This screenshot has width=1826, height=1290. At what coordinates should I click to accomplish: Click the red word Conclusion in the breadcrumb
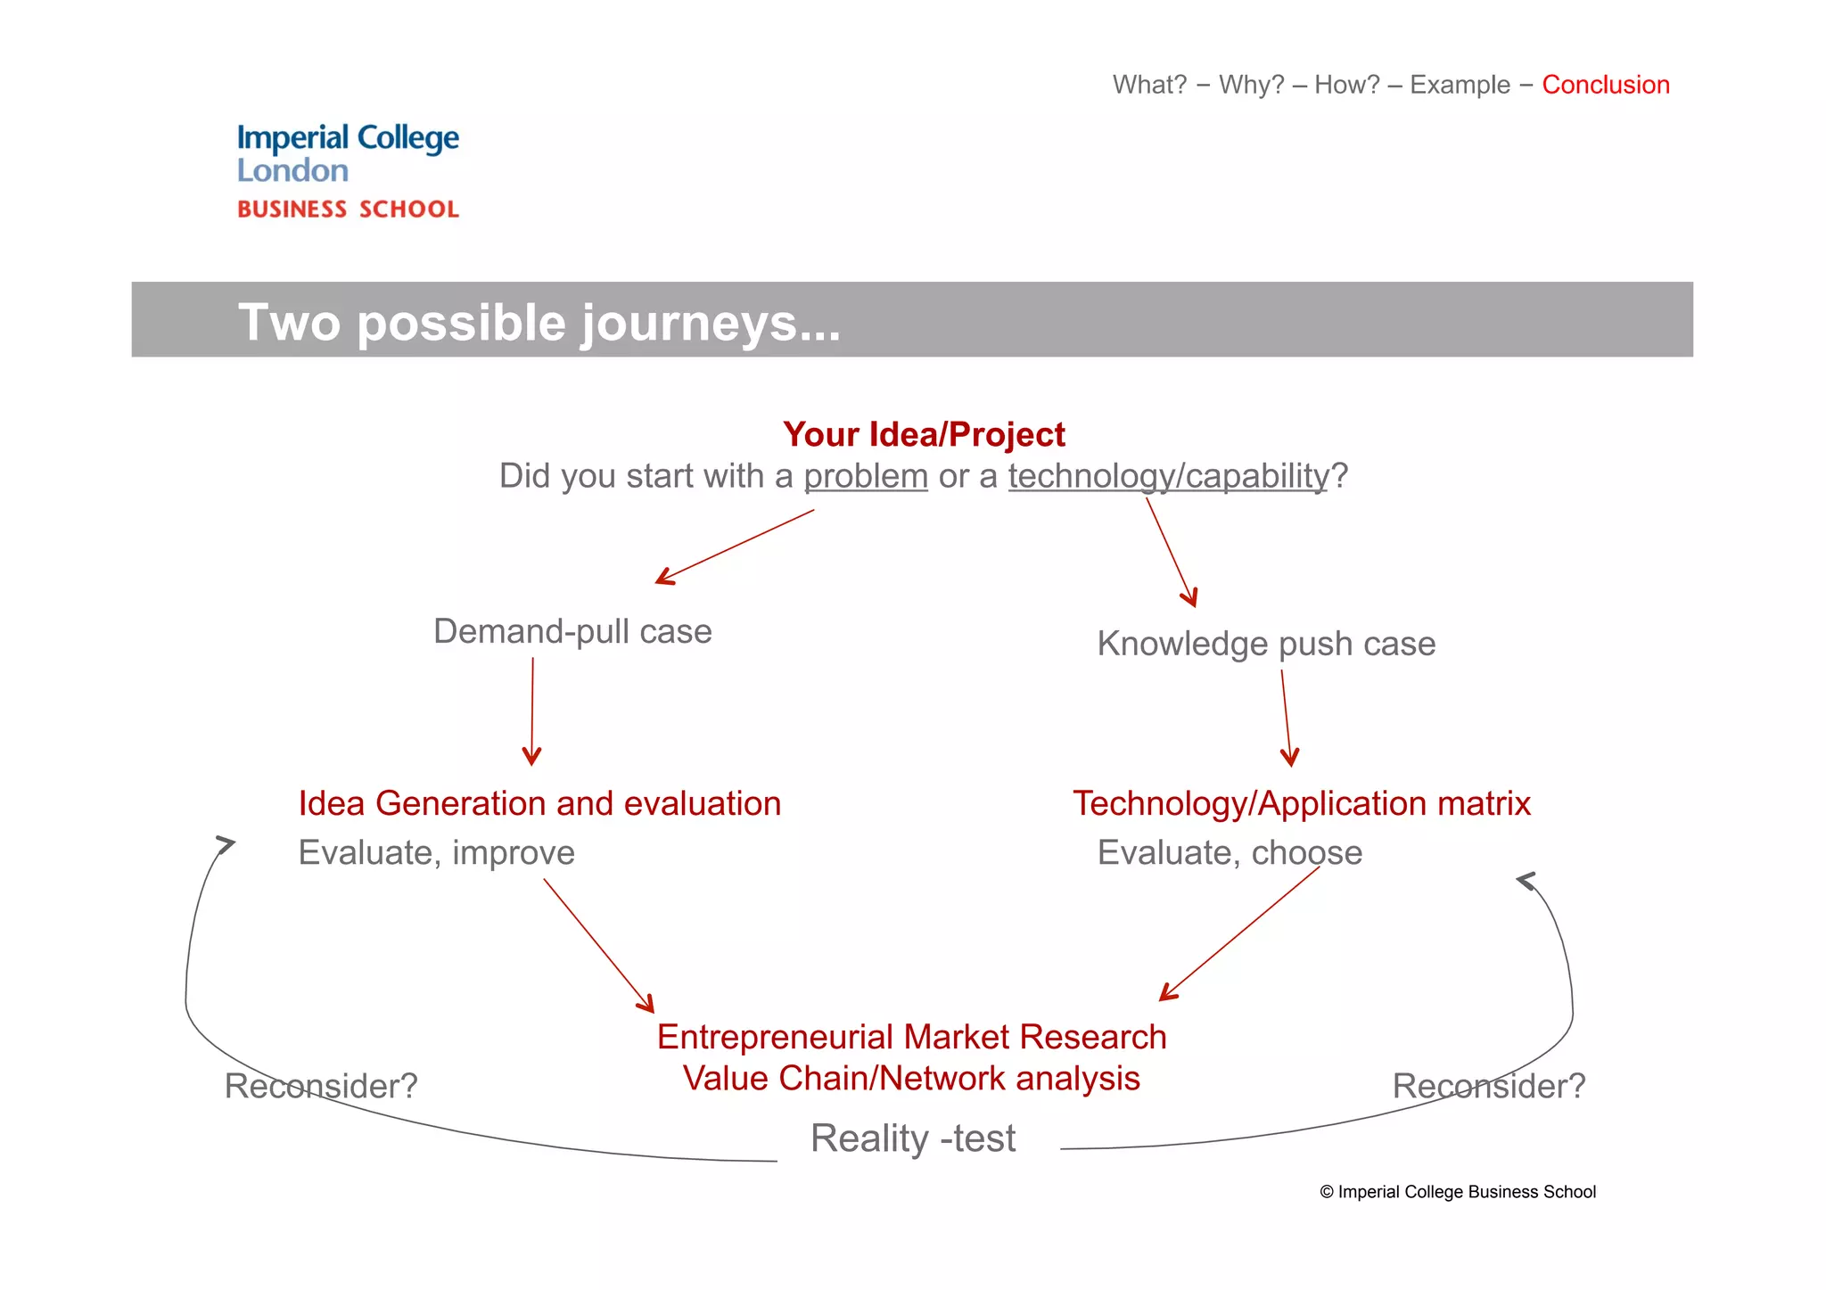(1605, 85)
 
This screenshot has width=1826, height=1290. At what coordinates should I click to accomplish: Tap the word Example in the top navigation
(1460, 85)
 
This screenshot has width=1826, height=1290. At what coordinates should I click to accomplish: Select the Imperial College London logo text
(348, 153)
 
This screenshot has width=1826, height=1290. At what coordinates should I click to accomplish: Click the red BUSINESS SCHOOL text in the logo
(348, 210)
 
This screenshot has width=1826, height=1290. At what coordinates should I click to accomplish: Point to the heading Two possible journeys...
(539, 322)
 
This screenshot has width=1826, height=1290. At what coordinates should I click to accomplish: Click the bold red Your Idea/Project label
(924, 435)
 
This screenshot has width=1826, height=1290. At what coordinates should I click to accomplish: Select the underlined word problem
(866, 476)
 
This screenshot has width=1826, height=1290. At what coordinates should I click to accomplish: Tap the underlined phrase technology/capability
(1168, 476)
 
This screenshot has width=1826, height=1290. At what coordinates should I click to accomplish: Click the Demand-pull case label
(572, 631)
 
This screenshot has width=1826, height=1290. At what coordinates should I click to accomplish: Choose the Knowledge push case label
(1266, 644)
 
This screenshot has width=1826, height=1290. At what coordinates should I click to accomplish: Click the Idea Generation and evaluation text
(539, 803)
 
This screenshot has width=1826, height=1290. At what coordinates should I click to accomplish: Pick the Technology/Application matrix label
(1302, 803)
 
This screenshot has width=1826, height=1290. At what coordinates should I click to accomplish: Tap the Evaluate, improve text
(436, 852)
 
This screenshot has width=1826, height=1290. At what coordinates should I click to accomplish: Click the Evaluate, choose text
(1230, 852)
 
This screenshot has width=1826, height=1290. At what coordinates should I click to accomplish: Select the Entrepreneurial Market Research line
(911, 1037)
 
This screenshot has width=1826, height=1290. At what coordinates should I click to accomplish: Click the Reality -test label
(913, 1138)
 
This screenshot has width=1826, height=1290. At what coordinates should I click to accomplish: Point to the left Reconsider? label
(321, 1086)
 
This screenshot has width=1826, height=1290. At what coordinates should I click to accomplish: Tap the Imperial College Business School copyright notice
(1458, 1192)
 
